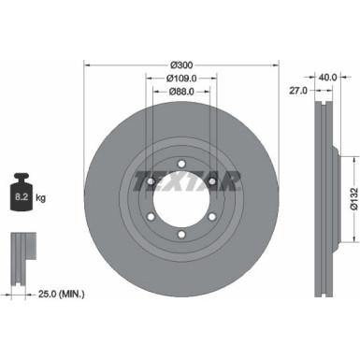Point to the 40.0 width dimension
326,79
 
